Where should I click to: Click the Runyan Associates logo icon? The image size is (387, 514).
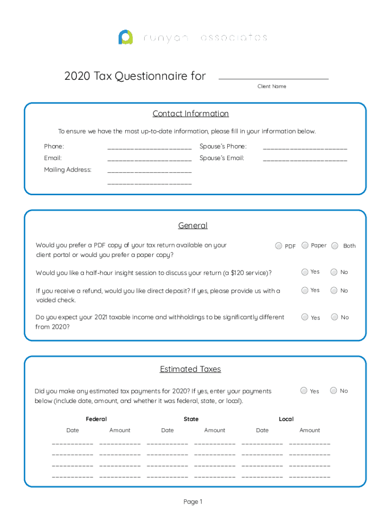pyautogui.click(x=126, y=38)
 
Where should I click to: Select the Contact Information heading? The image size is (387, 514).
pyautogui.click(x=190, y=114)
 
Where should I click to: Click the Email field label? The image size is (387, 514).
pyautogui.click(x=53, y=158)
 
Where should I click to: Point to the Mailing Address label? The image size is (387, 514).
pyautogui.click(x=68, y=170)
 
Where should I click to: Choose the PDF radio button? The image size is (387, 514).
pyautogui.click(x=278, y=246)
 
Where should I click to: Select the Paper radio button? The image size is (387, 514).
pyautogui.click(x=305, y=245)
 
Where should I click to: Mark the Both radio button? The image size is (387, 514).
pyautogui.click(x=335, y=245)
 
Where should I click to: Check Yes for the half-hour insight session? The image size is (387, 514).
pyautogui.click(x=305, y=272)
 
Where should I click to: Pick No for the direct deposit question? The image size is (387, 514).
pyautogui.click(x=334, y=290)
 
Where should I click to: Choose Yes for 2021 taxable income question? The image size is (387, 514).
pyautogui.click(x=305, y=317)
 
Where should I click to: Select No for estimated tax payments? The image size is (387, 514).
pyautogui.click(x=334, y=391)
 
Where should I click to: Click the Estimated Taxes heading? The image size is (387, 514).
pyautogui.click(x=190, y=369)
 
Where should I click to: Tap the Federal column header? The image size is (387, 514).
pyautogui.click(x=96, y=419)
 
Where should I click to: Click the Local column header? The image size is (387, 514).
pyautogui.click(x=286, y=419)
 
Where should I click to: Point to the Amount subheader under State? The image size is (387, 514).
pyautogui.click(x=215, y=430)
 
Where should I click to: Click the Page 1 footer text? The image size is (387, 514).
pyautogui.click(x=193, y=502)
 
